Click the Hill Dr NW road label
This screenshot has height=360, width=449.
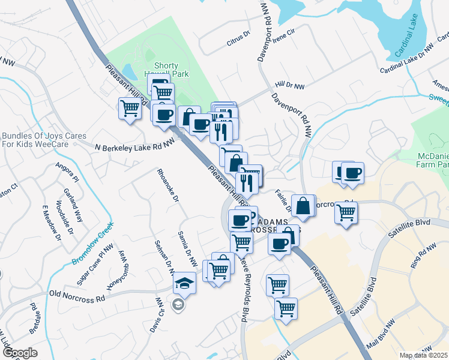pos(290,87)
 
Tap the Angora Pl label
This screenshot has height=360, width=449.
pos(67,172)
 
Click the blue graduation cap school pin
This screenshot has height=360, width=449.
pos(185,282)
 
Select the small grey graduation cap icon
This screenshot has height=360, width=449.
pos(178,305)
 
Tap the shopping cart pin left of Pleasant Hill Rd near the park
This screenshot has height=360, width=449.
pos(130,109)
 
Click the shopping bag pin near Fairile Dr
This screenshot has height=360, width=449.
pos(304,205)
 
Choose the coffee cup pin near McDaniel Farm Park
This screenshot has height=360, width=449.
pos(353,173)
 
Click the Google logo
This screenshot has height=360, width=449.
pos(20,353)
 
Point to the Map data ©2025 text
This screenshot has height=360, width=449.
pos(424,355)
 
